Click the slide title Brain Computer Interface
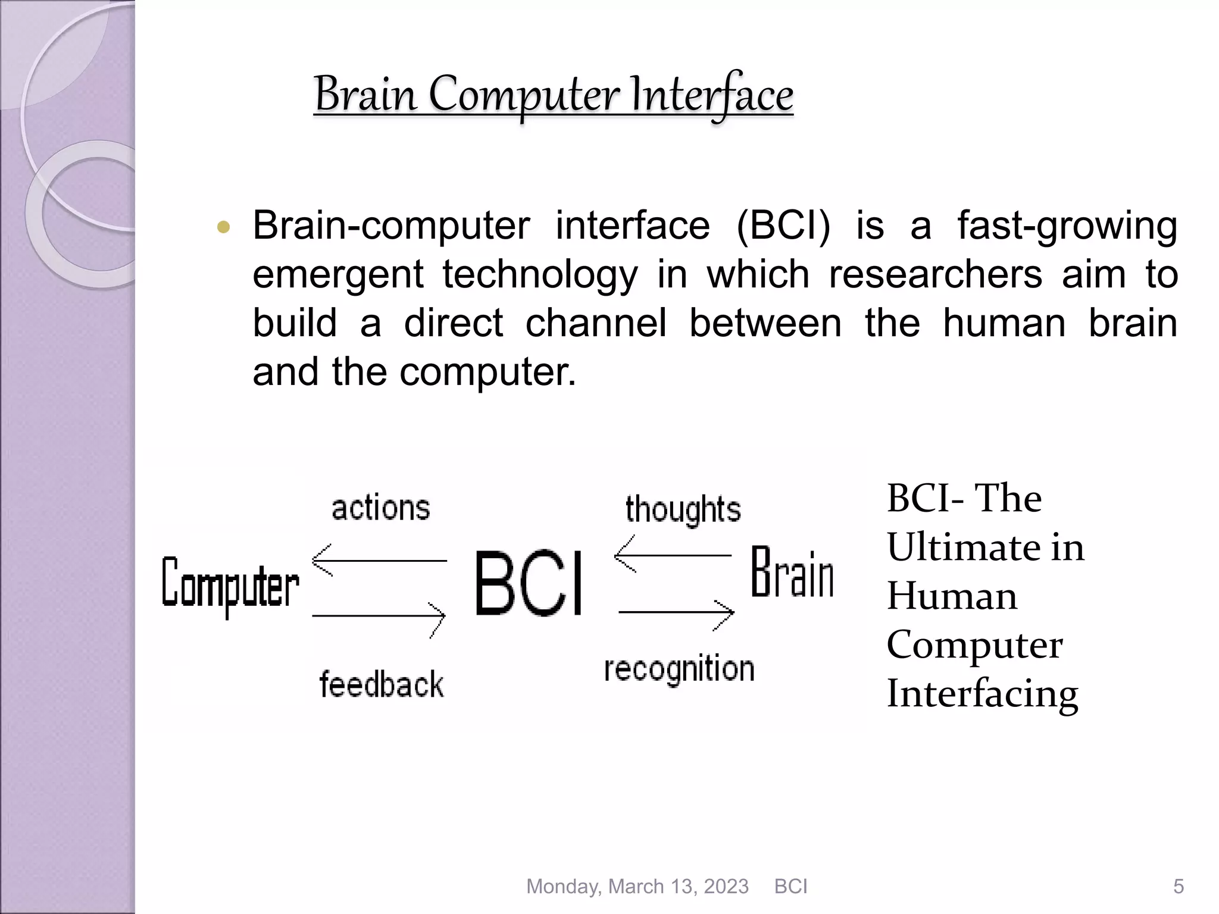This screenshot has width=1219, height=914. coord(554,95)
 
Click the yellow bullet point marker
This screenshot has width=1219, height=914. coord(224,227)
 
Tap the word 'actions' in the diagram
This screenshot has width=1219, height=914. coord(381,508)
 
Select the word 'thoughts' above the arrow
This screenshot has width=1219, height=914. coord(683,510)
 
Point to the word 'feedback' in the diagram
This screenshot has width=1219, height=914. coord(382,684)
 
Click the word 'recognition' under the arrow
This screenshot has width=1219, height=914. coord(679,669)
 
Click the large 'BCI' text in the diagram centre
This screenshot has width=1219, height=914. coord(529,583)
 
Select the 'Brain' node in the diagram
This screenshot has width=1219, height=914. coord(792,572)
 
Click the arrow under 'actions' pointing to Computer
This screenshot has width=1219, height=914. coord(379,561)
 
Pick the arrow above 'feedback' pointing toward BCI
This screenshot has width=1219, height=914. coord(379,616)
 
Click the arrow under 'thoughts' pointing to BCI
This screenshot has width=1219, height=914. coord(673,555)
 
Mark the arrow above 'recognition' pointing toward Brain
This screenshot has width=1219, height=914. coord(676,612)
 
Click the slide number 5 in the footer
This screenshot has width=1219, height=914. coord(1178,887)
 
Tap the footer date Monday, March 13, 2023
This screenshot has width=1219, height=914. coord(637,887)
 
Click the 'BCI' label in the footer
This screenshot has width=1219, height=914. coord(790,887)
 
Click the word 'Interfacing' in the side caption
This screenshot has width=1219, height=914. coord(982,694)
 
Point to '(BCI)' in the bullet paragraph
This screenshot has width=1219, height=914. coord(783,226)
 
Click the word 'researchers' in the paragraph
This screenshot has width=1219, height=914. coord(935,275)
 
